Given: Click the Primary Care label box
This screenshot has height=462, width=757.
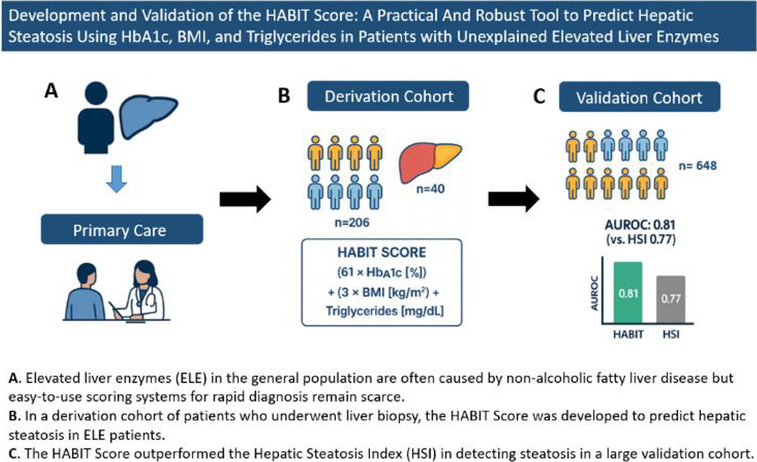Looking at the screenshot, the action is pyautogui.click(x=122, y=229).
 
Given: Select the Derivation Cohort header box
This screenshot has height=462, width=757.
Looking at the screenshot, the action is pyautogui.click(x=388, y=96).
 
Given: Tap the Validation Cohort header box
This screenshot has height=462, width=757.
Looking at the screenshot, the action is pyautogui.click(x=640, y=96).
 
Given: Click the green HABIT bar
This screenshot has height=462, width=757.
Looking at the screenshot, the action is pyautogui.click(x=628, y=292).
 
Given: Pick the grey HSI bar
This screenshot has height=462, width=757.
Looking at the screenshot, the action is pyautogui.click(x=671, y=299).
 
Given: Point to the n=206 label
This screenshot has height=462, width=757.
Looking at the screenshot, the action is pyautogui.click(x=352, y=222).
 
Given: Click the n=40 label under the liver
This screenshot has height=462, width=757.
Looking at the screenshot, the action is pyautogui.click(x=430, y=189).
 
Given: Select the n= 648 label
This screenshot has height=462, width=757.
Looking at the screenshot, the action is pyautogui.click(x=698, y=166).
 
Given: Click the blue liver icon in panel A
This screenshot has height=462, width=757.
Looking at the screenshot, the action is pyautogui.click(x=148, y=116).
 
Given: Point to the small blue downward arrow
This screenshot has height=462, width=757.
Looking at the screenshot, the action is pyautogui.click(x=116, y=179).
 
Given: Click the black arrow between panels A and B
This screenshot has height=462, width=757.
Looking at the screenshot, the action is pyautogui.click(x=245, y=199).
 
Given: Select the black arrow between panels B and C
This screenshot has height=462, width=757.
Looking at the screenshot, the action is pyautogui.click(x=514, y=199).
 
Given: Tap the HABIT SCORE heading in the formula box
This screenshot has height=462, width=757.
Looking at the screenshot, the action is pyautogui.click(x=382, y=252).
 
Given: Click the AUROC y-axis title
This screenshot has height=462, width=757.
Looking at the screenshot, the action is pyautogui.click(x=594, y=293).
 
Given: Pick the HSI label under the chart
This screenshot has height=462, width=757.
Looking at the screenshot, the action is pyautogui.click(x=671, y=334).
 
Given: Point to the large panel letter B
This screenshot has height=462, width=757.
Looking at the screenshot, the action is pyautogui.click(x=284, y=96).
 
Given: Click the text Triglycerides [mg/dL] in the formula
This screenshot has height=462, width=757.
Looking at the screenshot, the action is pyautogui.click(x=385, y=311).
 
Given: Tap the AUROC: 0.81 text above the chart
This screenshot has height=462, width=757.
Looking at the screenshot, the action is pyautogui.click(x=640, y=225).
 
